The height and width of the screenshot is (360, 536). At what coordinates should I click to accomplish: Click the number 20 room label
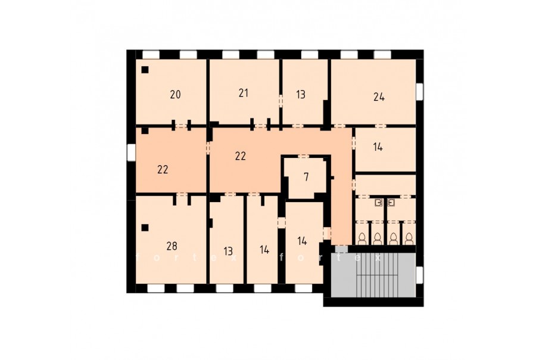pos(175,94)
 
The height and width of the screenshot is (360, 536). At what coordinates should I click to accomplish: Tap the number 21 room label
pos(244,93)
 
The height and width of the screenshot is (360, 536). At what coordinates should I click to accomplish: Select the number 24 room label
pos(379,97)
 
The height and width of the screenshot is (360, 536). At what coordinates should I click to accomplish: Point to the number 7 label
pos(306,177)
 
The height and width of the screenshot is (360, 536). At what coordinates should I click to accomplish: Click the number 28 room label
pos(172,246)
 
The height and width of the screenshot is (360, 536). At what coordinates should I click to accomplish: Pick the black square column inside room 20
pos(145,70)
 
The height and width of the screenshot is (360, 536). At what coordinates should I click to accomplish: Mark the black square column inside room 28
pos(145,228)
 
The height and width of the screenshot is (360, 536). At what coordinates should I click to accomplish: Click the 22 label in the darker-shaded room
pos(163,169)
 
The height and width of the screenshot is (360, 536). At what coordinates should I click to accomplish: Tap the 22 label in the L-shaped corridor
pos(241,156)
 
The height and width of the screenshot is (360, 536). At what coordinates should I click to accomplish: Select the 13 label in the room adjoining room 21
pos(301,94)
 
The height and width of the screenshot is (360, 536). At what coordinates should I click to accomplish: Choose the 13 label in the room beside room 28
pos(228,252)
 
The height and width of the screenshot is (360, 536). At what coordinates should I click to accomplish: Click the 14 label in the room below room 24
pos(378,147)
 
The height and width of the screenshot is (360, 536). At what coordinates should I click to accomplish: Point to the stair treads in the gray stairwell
pos(378,275)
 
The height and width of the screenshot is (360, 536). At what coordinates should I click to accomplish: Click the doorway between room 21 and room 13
pos(281,101)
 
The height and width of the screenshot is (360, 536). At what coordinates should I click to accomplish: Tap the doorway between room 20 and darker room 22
pos(181,126)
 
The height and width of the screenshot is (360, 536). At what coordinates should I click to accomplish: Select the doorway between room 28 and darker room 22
pos(182,194)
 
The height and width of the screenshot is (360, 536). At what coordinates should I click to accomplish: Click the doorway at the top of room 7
pos(303,156)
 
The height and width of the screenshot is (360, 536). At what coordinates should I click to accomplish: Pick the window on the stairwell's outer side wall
pos(420,275)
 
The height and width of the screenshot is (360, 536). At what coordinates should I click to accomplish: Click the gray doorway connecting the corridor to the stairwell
pos(341,249)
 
